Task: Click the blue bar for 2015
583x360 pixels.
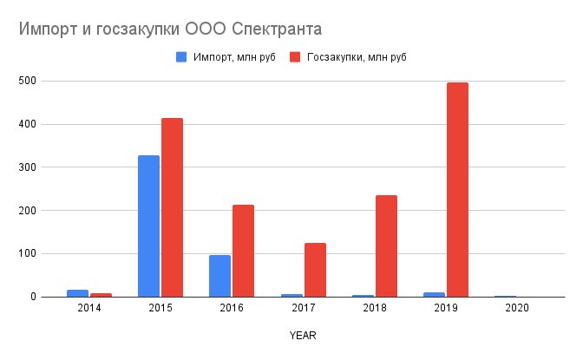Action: tap(148, 226)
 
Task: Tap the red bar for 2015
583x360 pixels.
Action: tap(172, 207)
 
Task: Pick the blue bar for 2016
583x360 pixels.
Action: tap(219, 276)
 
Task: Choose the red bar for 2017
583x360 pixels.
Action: tap(315, 270)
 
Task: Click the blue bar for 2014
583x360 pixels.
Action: tap(77, 293)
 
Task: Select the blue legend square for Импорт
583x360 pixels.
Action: tap(181, 57)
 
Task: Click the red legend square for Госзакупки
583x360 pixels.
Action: tap(295, 57)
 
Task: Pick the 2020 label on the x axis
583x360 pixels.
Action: tap(516, 308)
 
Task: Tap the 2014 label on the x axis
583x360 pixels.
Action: tap(88, 308)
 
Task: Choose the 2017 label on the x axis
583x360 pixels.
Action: tap(303, 308)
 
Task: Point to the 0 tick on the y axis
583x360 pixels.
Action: tap(30, 298)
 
